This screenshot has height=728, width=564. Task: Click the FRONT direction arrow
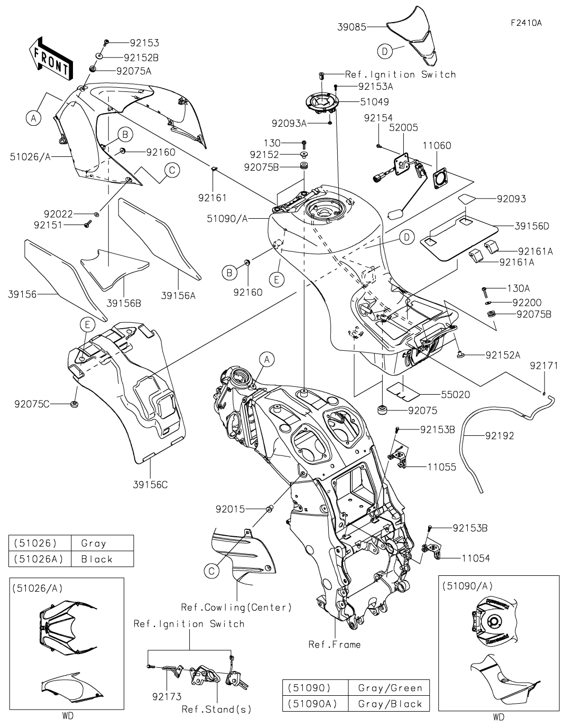point(50,59)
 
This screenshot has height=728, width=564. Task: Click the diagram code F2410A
point(526,23)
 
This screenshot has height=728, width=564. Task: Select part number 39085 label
point(352,27)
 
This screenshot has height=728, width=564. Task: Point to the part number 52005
point(403,127)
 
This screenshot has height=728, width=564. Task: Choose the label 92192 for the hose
point(500,435)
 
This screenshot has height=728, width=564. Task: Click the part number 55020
point(456,395)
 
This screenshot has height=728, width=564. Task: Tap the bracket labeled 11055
point(398,456)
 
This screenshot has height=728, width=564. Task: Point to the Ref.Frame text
point(335,645)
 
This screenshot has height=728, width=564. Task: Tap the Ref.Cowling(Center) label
point(237,608)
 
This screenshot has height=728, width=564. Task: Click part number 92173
point(167,697)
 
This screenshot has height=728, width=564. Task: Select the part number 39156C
point(151,484)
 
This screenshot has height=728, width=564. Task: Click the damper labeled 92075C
point(74,404)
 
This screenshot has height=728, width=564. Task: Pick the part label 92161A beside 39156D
point(535,251)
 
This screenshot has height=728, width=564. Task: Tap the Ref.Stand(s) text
point(217,710)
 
